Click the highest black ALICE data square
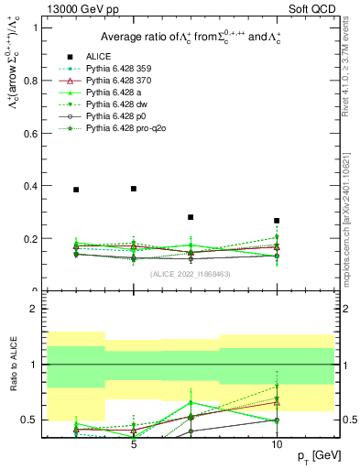pyautogui.click(x=134, y=189)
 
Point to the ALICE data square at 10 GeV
pyautogui.click(x=277, y=221)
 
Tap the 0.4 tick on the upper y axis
pyautogui.click(x=48, y=186)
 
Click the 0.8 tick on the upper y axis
pyautogui.click(x=48, y=80)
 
